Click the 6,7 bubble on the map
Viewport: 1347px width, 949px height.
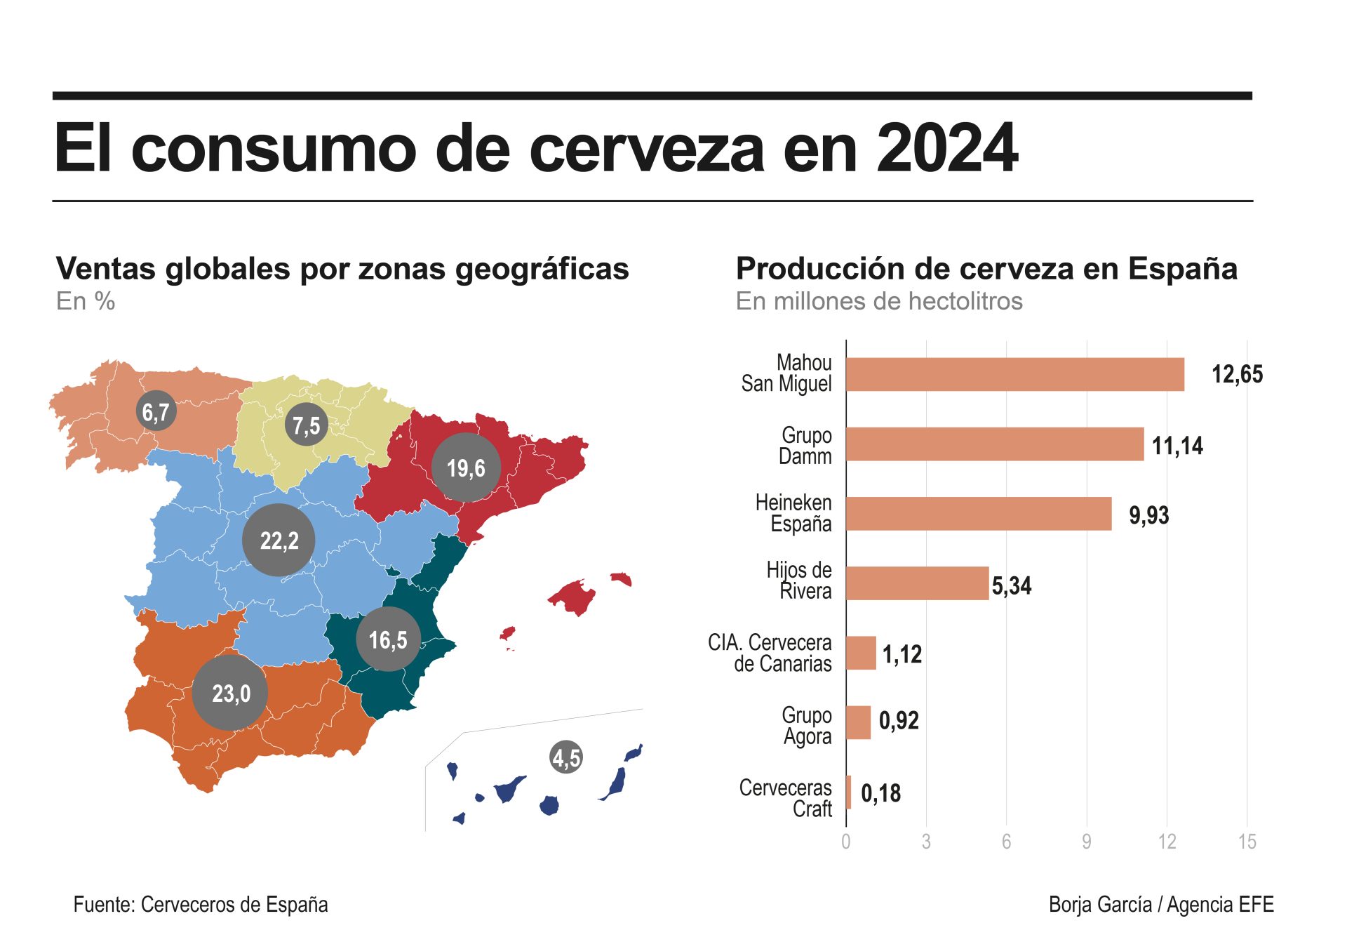156,411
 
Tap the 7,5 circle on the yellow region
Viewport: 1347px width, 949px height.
307,425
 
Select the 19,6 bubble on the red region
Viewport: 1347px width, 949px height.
466,467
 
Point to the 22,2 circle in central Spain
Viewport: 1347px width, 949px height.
279,540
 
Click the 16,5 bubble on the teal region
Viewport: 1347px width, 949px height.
388,639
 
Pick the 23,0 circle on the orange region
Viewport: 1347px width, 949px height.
230,693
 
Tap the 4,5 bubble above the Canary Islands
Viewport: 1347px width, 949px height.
566,757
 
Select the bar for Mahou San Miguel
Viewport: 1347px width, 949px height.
1014,374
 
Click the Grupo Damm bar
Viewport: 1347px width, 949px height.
995,444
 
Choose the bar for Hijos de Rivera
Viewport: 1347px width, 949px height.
917,583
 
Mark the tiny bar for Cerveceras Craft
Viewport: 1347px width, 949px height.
849,792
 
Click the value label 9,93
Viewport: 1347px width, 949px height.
1148,515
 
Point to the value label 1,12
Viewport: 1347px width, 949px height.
902,654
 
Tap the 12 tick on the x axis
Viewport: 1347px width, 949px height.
1167,842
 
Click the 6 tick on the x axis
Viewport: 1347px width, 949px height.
1006,842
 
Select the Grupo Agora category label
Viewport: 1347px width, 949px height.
807,726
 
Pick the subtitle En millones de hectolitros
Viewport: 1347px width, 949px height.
879,301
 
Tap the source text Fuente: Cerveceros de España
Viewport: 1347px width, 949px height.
201,905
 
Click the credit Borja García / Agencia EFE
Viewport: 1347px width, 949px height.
1161,905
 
